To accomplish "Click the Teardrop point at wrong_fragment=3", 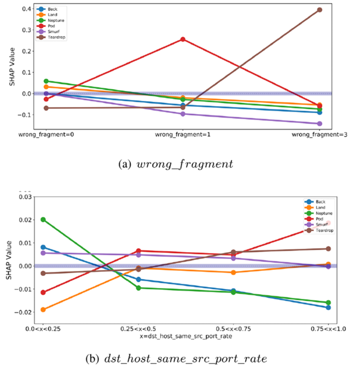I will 320,10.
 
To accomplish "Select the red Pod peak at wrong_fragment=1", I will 183,39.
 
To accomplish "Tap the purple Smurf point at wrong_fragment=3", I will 320,124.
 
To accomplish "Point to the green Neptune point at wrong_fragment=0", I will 46,81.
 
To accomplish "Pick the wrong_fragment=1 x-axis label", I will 183,135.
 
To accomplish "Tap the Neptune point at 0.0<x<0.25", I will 43,219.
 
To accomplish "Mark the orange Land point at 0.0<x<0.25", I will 43,310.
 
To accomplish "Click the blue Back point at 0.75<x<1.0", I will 328,307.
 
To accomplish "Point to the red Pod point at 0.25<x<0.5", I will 138,251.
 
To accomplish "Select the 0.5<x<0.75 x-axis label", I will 233,328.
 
